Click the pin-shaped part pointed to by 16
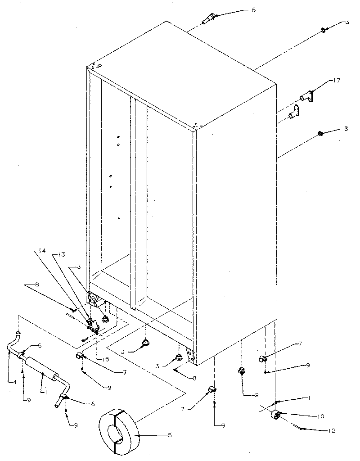209,20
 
